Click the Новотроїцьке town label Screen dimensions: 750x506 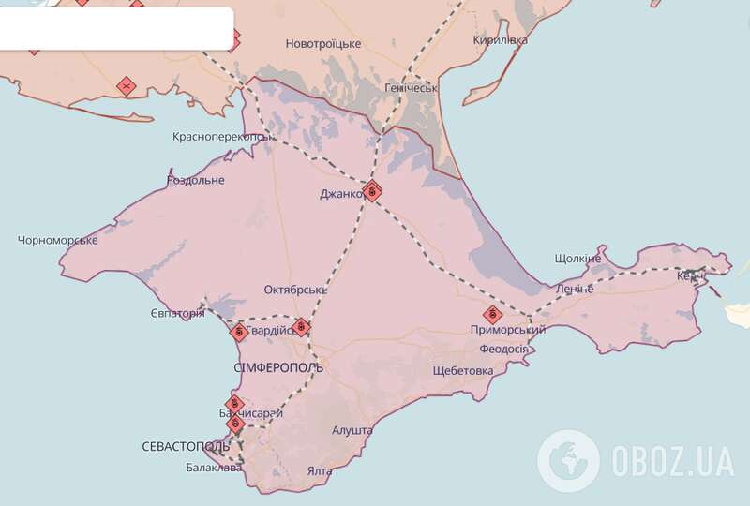322,44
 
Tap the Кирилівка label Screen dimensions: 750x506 500,40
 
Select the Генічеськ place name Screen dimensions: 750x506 412,88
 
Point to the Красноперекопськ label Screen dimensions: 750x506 223,137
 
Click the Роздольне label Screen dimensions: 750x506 195,180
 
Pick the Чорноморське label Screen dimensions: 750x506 58,241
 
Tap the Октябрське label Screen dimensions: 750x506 295,289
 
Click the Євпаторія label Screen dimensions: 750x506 177,313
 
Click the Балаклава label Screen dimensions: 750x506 214,468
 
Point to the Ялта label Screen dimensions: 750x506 319,471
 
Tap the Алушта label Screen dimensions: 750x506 352,430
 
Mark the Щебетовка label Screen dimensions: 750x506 463,370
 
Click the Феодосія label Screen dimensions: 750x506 504,350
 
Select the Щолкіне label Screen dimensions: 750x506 577,258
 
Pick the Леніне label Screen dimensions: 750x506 574,289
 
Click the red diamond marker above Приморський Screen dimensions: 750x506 491,314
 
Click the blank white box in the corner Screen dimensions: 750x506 116,28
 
